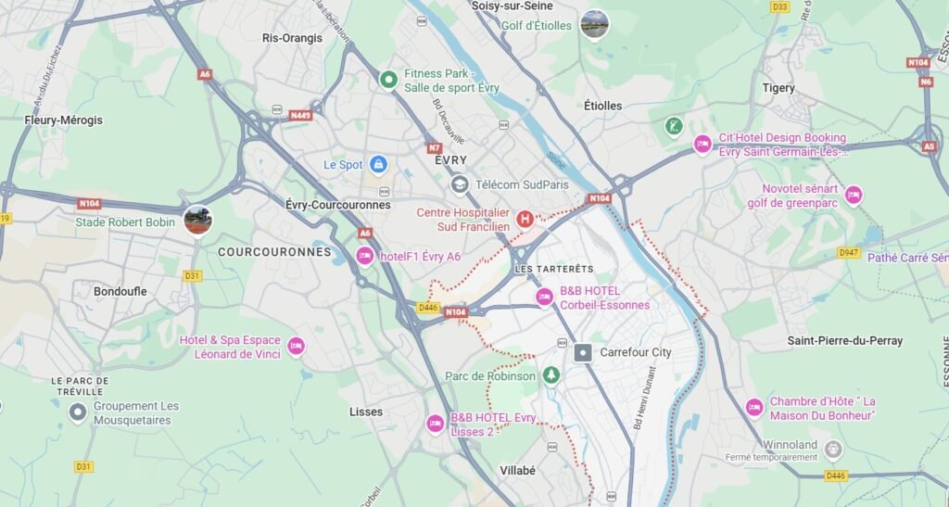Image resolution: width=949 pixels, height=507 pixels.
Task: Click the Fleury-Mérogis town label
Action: (63, 120)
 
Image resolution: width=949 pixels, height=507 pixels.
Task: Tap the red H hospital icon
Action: (525, 219)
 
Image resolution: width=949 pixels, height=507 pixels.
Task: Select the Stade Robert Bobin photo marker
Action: (197, 221)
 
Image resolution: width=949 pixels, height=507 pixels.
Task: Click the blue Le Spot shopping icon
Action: (378, 165)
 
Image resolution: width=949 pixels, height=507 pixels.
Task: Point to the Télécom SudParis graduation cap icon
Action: (459, 184)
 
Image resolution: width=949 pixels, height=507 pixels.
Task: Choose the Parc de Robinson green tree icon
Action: (551, 375)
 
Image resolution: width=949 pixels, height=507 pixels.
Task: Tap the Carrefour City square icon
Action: (583, 352)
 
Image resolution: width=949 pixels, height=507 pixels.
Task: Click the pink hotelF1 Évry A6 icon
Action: (365, 256)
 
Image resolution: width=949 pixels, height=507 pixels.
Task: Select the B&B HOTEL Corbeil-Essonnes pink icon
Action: (545, 297)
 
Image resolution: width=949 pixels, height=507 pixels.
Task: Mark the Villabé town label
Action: (517, 470)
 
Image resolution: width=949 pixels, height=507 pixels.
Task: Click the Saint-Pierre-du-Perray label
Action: (844, 340)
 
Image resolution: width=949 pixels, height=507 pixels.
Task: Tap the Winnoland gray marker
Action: (833, 450)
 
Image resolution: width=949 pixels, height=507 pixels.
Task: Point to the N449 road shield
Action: (300, 116)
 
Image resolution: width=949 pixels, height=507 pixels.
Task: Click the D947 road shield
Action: (848, 252)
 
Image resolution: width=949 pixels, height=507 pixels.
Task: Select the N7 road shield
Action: (435, 147)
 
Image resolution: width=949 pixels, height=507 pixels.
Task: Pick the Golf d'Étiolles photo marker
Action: (594, 23)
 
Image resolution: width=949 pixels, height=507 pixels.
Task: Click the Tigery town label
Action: (778, 88)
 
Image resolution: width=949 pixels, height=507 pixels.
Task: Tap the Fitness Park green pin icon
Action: (388, 79)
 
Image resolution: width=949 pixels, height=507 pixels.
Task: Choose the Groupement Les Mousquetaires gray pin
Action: (78, 412)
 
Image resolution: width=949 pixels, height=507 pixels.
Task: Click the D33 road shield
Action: (779, 6)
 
